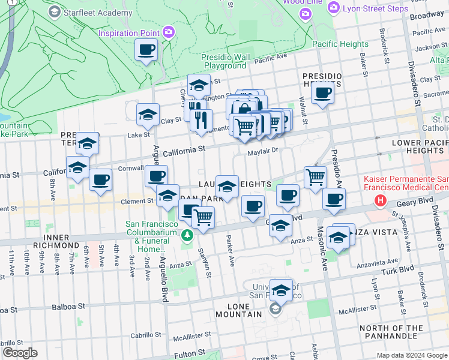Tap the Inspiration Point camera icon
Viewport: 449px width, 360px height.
click(x=169, y=31)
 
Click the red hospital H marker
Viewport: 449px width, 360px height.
click(x=379, y=200)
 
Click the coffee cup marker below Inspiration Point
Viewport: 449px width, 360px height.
click(x=146, y=50)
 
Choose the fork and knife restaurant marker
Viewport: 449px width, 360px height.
click(x=201, y=119)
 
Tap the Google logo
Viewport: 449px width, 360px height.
click(x=20, y=353)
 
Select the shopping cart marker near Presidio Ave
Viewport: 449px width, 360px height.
click(x=315, y=177)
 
